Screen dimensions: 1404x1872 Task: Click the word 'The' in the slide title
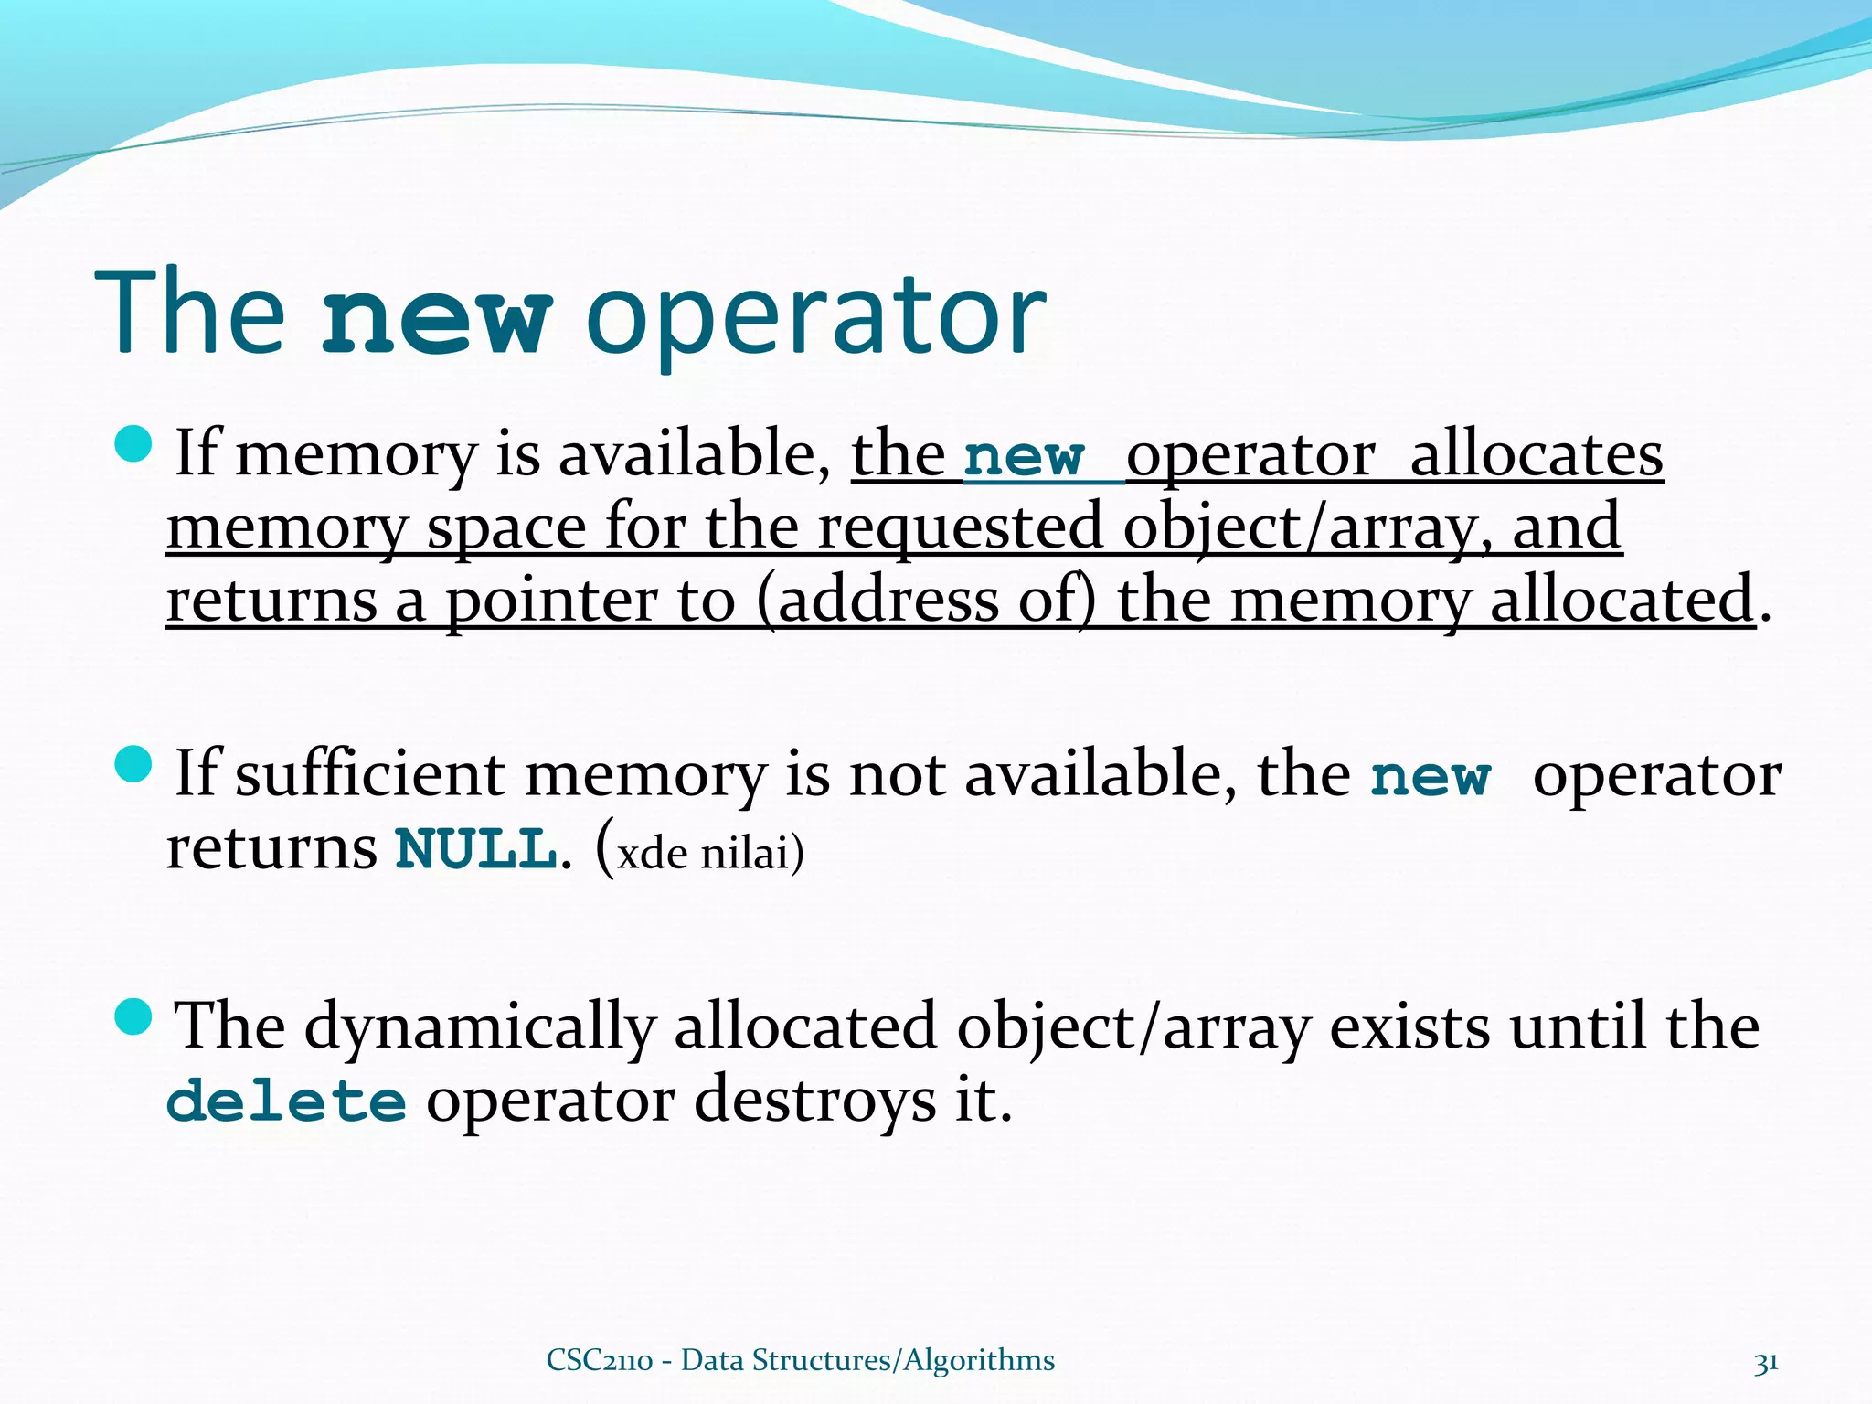click(x=190, y=313)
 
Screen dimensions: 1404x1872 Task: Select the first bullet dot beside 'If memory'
click(x=133, y=444)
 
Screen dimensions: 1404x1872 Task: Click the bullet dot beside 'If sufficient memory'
click(x=133, y=764)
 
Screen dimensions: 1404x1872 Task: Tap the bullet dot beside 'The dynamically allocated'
click(x=133, y=1016)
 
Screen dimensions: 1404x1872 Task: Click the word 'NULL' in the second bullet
click(x=476, y=849)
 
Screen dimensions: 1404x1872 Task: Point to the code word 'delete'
click(x=286, y=1101)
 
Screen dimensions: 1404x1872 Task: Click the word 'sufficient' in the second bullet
click(x=369, y=774)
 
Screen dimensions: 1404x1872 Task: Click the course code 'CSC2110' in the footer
click(x=600, y=1360)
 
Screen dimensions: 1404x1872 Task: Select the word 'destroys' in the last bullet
click(x=815, y=1101)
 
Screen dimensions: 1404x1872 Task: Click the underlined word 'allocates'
click(x=1537, y=454)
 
